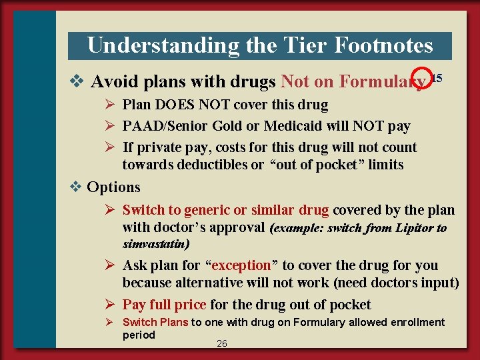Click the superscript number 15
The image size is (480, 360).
[x=437, y=78]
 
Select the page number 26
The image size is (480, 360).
[x=222, y=343]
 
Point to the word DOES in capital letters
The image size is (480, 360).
[x=175, y=105]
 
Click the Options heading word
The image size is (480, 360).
[x=114, y=187]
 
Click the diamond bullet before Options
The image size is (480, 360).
[x=77, y=187]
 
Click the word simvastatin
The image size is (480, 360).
[x=154, y=244]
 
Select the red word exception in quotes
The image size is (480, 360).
[x=241, y=265]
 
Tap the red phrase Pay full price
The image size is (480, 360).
[x=164, y=305]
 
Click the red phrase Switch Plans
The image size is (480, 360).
[x=155, y=323]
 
